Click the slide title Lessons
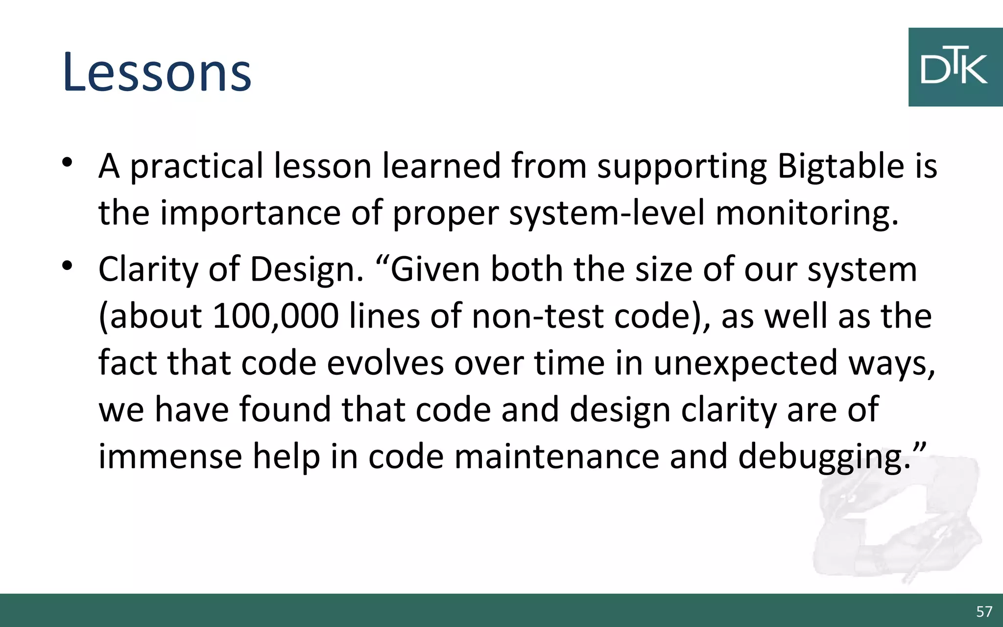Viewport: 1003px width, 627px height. tap(157, 72)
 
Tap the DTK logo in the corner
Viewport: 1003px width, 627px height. tap(955, 67)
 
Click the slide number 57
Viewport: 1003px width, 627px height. tap(984, 611)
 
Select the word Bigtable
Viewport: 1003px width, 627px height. tap(840, 167)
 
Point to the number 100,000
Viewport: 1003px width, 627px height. tap(276, 316)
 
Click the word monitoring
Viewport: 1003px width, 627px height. tap(807, 214)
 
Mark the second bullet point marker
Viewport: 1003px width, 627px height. tap(68, 266)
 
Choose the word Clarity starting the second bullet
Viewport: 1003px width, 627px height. tap(148, 270)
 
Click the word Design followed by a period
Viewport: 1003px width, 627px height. tap(307, 270)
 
